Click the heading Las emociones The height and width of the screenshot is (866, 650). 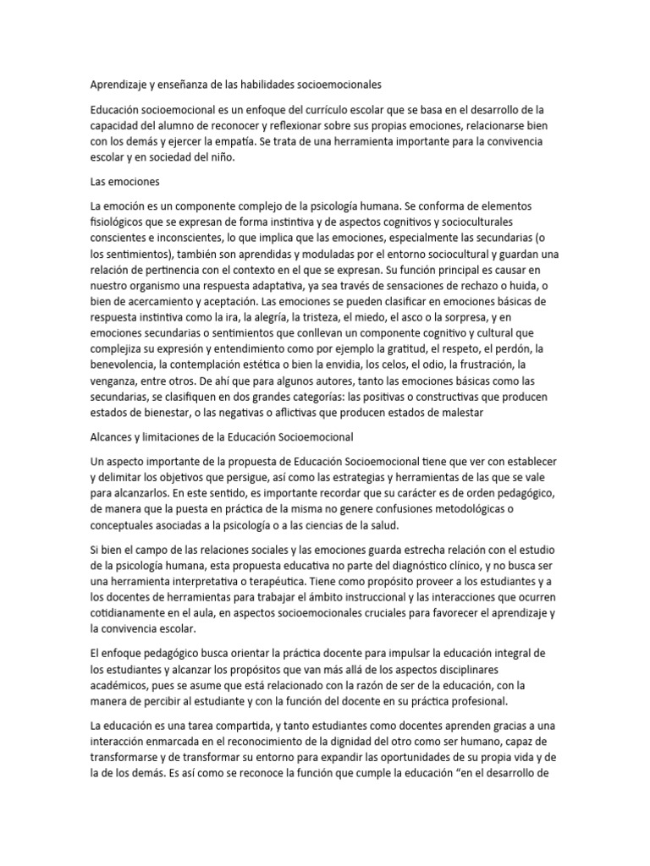(124, 182)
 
